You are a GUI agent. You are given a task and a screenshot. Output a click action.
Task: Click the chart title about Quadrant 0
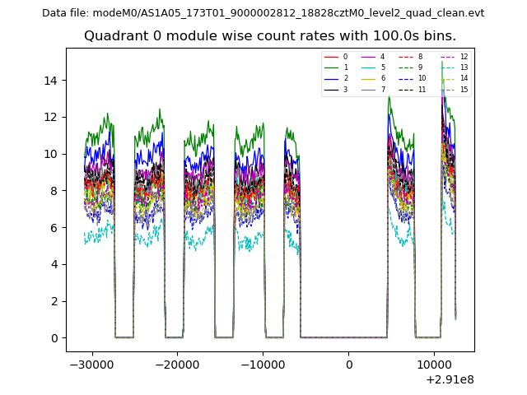click(270, 36)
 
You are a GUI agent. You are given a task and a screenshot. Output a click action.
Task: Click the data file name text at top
click(263, 13)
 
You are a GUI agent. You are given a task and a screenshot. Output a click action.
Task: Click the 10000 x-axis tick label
click(434, 365)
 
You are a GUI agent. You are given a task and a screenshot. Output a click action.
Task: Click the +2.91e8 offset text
click(449, 379)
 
